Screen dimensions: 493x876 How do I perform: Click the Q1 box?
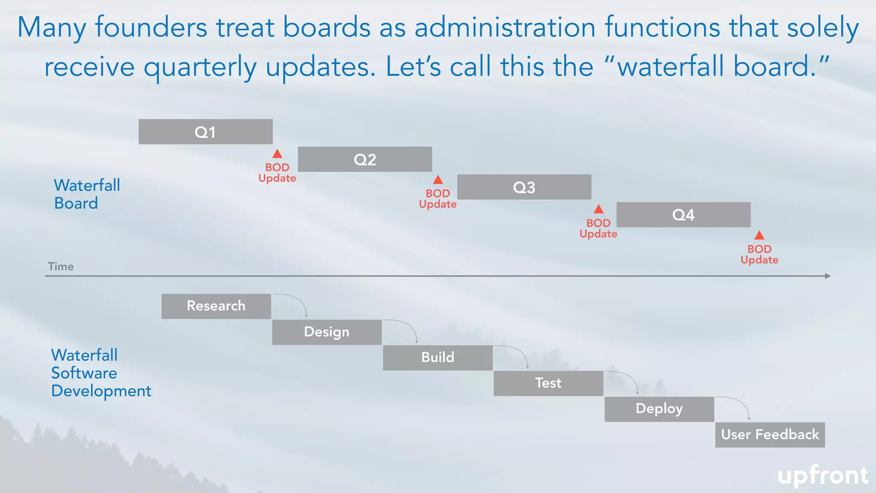point(205,132)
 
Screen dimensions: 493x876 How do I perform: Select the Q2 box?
point(365,159)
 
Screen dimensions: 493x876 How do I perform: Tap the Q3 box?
point(524,187)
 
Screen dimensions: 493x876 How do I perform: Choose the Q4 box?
point(683,214)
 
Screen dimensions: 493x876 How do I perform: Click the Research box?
point(216,306)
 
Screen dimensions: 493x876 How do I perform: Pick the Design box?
point(327,332)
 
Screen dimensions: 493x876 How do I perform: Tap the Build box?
point(438,357)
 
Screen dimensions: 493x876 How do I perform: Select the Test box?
point(548,383)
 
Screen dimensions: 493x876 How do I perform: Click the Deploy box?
point(659,409)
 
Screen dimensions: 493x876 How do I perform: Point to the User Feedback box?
point(770,434)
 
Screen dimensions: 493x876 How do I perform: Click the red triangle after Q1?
point(277,154)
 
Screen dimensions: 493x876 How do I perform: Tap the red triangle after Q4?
point(759,235)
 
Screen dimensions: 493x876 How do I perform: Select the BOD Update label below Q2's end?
point(438,199)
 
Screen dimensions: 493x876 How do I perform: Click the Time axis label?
point(61,267)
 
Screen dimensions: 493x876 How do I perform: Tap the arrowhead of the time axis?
point(828,276)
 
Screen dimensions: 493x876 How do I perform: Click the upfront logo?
point(823,475)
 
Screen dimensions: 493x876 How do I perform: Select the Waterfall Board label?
point(87,194)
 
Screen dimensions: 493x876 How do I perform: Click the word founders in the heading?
point(151,27)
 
